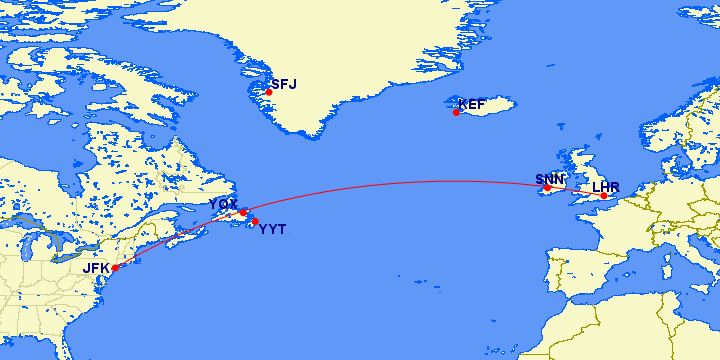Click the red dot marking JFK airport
pos(115,268)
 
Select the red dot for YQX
pos(242,212)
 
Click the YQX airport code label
pos(222,204)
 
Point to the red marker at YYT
pos(255,221)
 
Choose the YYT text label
pos(272,230)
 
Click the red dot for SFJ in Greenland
pos(268,92)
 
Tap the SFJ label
pos(284,84)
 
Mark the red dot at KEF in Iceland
pos(456,112)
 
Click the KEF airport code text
pos(472,104)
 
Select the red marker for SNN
pos(547,188)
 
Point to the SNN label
pos(549,179)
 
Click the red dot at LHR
pos(604,195)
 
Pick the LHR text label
pos(606,186)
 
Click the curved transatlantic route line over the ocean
pos(400,182)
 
